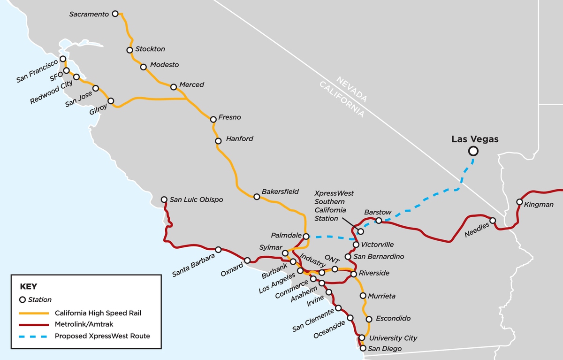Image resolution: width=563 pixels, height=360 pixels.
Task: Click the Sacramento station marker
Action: (115, 14)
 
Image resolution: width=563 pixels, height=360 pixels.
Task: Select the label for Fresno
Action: (229, 117)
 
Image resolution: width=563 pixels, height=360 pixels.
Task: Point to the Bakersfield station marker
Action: (257, 197)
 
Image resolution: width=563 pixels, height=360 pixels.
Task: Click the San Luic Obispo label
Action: (196, 199)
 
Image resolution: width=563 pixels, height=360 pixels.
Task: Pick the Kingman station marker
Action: (519, 202)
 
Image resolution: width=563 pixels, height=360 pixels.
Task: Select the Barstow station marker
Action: (379, 221)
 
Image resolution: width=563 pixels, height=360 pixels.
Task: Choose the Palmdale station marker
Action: (305, 236)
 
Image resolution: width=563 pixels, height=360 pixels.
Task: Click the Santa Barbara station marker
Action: (218, 250)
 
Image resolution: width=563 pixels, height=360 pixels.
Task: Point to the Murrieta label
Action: (381, 296)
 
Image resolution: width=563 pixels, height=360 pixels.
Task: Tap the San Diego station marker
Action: (362, 348)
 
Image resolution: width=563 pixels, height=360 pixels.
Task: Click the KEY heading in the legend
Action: (28, 286)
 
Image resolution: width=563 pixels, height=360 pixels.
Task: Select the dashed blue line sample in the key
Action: (34, 336)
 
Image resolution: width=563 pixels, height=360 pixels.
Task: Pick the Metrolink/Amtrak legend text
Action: (84, 324)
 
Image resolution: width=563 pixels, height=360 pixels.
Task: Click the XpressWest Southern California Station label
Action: (334, 206)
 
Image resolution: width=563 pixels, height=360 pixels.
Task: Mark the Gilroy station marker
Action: (111, 101)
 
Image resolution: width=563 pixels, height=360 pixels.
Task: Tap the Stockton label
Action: (150, 49)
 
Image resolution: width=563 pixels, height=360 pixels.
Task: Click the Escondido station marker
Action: (368, 318)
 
